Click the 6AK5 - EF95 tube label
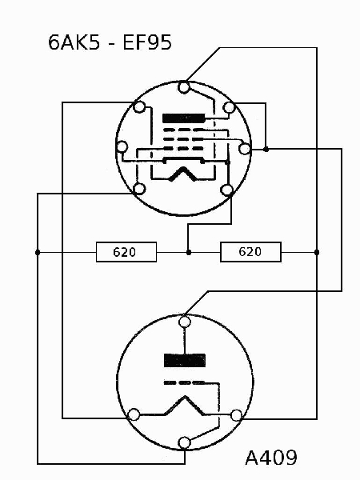tap(110, 42)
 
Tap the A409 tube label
tap(271, 458)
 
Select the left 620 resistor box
tap(126, 252)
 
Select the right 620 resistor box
tap(250, 252)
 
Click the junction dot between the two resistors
tap(189, 252)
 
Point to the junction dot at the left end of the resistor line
tap(38, 252)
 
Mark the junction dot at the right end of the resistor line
tap(317, 252)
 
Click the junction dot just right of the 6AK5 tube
tap(266, 149)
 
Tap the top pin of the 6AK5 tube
tap(184, 87)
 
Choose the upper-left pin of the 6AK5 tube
tap(139, 107)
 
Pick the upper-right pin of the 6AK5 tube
tap(229, 107)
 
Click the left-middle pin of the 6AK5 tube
tap(122, 147)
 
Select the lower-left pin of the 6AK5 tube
tap(139, 189)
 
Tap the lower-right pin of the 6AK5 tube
tap(227, 190)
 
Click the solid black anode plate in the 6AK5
tap(184, 118)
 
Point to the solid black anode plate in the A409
tap(185, 360)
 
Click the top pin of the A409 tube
tap(184, 322)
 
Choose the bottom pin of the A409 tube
tap(184, 442)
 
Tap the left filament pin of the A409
tap(134, 414)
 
